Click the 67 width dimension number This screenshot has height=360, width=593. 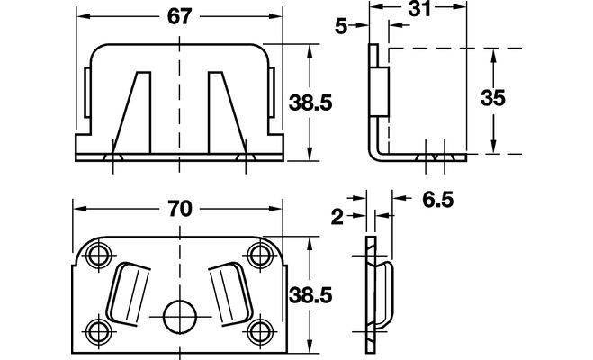180,16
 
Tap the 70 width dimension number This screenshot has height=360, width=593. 180,209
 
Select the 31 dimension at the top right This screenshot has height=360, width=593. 419,9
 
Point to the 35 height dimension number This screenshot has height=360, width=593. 493,97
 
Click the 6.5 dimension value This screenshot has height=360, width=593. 438,200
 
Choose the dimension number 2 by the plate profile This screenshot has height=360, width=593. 337,218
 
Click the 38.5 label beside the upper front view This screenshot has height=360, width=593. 310,103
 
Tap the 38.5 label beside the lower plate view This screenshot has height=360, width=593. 310,294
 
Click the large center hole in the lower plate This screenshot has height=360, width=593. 179,317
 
